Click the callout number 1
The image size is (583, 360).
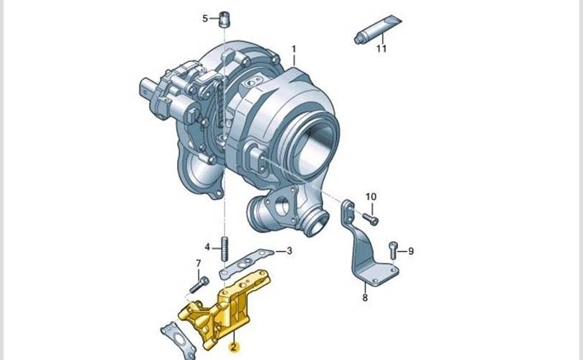coord(294,49)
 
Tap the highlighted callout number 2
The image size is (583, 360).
coord(233,347)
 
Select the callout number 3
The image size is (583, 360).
coord(289,251)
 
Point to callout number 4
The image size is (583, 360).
coord(207,247)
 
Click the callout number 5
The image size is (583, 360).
coord(205,18)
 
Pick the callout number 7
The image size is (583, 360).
coord(199,264)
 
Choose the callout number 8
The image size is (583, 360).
coord(365,297)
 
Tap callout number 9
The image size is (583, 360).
coord(411,251)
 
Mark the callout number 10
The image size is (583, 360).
coord(371,197)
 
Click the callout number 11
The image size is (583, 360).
coord(381,48)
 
